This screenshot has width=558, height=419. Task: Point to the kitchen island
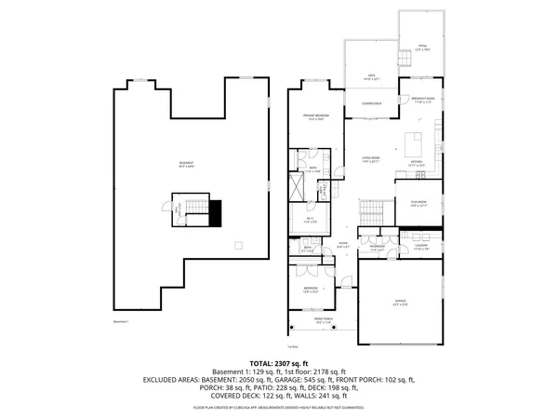(x=413, y=144)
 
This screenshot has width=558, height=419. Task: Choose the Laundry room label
(x=420, y=249)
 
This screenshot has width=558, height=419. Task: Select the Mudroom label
(x=377, y=249)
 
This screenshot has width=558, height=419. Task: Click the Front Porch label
(x=323, y=321)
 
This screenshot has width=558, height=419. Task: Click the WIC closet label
(x=312, y=221)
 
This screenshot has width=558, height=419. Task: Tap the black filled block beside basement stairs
(x=215, y=213)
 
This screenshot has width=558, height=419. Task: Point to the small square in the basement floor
(x=239, y=246)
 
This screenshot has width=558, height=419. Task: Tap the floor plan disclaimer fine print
(x=279, y=408)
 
